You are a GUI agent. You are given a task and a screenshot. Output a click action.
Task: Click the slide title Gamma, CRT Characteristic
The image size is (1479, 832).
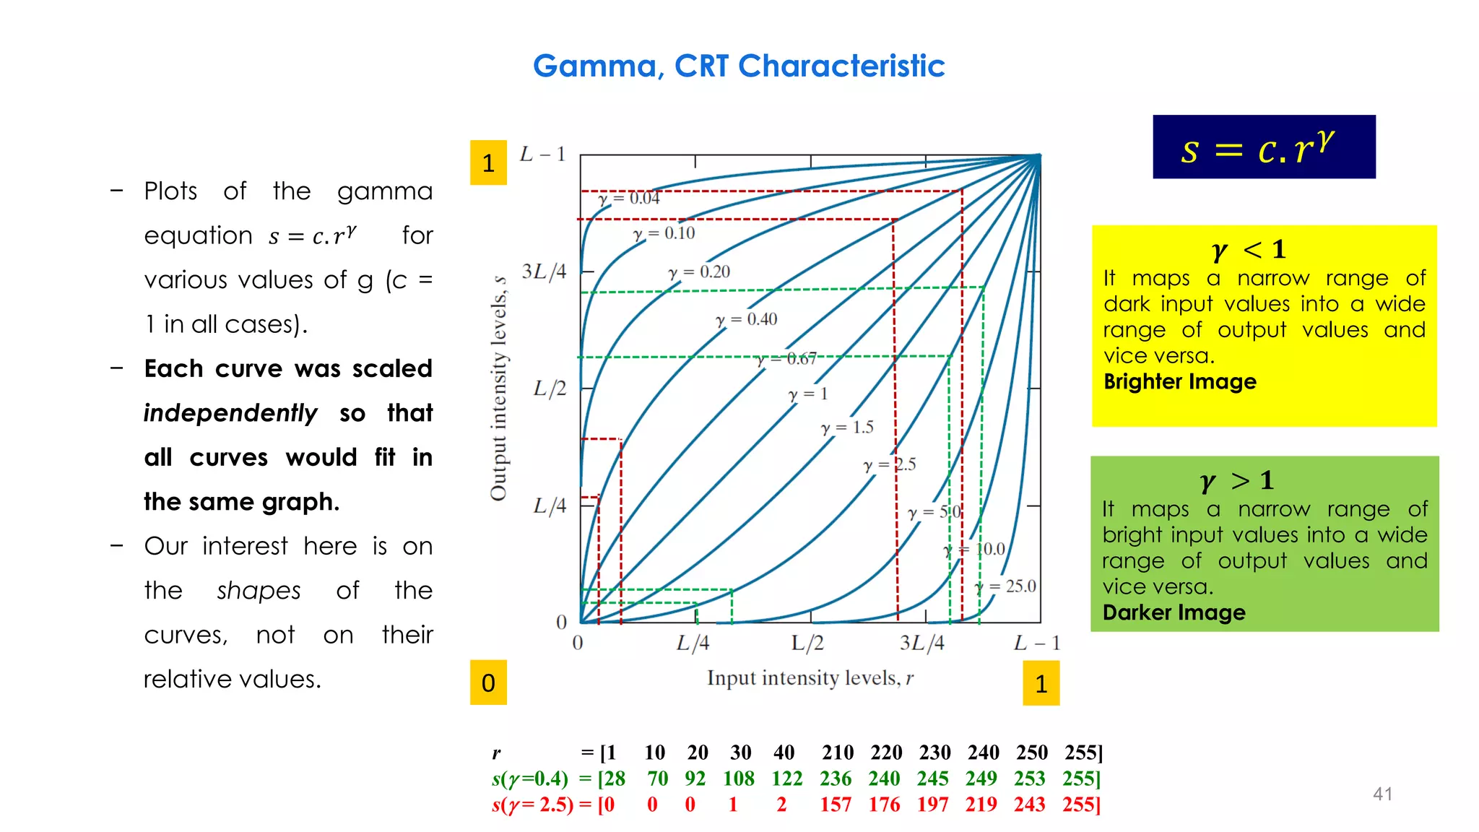click(x=739, y=66)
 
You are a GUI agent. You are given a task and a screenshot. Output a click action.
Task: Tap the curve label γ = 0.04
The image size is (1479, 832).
click(x=629, y=198)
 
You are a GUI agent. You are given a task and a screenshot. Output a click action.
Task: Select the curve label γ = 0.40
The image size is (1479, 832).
click(x=747, y=319)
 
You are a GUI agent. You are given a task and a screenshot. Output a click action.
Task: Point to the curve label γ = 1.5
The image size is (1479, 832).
click(x=847, y=428)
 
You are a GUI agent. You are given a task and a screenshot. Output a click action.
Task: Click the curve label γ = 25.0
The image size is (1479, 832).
click(x=1005, y=586)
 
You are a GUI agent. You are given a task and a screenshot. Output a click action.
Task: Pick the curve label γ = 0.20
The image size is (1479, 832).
click(x=699, y=272)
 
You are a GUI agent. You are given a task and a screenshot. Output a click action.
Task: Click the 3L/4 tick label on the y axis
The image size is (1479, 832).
click(x=544, y=272)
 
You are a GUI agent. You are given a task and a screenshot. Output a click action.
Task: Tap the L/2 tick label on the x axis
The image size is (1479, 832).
click(x=807, y=643)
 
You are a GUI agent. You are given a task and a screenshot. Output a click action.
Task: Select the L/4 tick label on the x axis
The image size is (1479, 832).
click(x=693, y=643)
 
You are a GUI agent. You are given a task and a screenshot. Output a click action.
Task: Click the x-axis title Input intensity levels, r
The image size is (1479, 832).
click(x=810, y=678)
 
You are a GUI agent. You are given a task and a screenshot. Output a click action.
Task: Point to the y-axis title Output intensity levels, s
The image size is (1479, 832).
click(x=498, y=388)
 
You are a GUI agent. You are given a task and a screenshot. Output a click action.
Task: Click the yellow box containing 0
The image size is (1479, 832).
click(x=488, y=682)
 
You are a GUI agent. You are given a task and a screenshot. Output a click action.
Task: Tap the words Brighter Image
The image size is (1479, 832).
click(x=1180, y=381)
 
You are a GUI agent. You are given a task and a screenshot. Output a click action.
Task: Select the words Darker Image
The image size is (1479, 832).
click(x=1174, y=612)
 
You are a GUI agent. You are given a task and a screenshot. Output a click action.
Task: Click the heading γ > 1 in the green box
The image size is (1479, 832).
click(x=1236, y=480)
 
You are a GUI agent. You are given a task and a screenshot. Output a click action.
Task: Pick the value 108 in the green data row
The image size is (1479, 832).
click(x=739, y=779)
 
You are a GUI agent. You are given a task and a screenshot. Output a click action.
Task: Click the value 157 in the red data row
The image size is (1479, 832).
click(x=836, y=805)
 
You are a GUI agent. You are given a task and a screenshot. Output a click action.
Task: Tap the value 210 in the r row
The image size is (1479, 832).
click(x=838, y=753)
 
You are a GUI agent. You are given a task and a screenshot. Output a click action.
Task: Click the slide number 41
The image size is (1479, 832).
click(x=1382, y=794)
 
